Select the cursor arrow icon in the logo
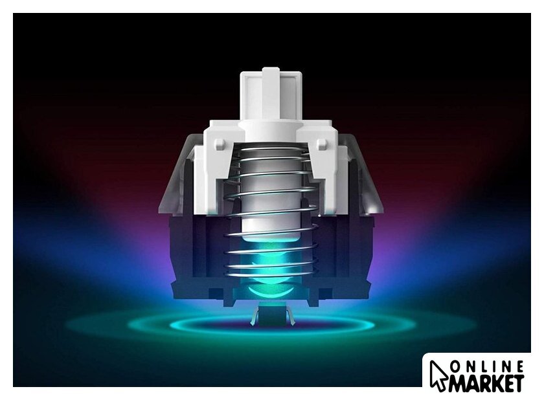coord(438,376)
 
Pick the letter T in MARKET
coord(518,383)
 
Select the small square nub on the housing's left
coord(220,144)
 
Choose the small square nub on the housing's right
coord(322,144)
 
